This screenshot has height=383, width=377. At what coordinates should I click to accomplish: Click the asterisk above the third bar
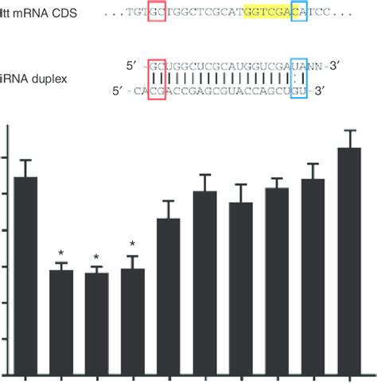96,257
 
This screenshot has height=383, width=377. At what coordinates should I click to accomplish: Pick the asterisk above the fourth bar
132,245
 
